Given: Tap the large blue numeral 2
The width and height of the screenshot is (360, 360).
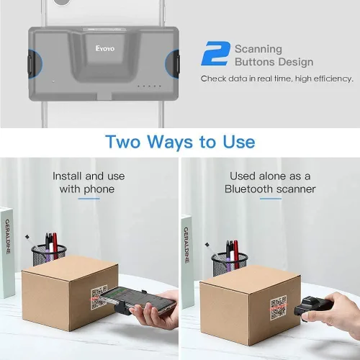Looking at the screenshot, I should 215,55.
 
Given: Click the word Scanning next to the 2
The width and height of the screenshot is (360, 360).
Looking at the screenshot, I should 258,49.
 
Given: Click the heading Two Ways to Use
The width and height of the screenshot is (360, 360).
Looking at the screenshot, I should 180,141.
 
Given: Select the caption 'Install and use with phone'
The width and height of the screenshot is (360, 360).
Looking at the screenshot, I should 89,182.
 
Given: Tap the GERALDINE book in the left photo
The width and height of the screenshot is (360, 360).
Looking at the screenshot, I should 7,252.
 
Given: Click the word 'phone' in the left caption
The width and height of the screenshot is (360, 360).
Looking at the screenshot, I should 99,189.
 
